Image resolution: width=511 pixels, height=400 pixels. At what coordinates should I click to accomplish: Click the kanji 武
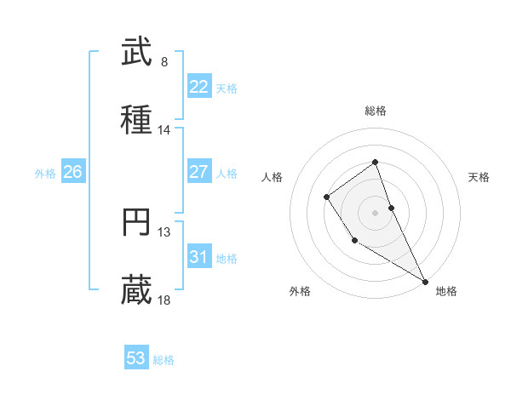(137, 53)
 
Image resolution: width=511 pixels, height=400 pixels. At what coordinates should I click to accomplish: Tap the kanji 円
(137, 222)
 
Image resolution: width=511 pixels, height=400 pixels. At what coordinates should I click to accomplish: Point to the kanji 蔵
(137, 291)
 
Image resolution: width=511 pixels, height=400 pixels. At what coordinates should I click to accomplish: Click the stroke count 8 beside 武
(164, 62)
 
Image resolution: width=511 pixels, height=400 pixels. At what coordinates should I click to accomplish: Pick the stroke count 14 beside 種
(164, 130)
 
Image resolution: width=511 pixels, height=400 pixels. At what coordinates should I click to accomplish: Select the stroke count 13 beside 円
(164, 231)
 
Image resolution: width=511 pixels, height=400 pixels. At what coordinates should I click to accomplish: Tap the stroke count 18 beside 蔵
(164, 300)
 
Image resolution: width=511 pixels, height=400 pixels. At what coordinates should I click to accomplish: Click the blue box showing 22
(199, 87)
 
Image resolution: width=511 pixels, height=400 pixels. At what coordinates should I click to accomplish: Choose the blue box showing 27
(199, 172)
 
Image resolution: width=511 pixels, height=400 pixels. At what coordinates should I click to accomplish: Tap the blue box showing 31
(199, 257)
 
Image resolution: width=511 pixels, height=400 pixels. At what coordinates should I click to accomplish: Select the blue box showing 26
(72, 172)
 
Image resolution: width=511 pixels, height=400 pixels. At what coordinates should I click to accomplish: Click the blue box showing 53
(136, 358)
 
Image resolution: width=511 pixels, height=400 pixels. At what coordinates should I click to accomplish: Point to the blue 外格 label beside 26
(45, 173)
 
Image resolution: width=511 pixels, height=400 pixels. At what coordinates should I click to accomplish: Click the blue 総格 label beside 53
(164, 360)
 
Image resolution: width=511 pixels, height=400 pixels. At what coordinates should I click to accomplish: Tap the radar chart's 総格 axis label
(375, 111)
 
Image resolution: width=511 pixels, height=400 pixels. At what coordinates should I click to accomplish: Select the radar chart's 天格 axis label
(479, 177)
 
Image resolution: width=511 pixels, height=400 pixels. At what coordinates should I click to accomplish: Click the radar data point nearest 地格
(425, 281)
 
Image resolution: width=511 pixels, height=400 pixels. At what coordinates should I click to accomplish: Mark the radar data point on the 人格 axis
(326, 197)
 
